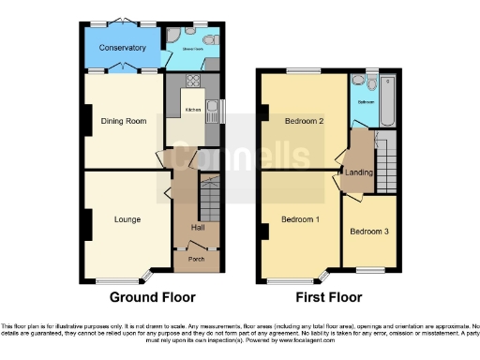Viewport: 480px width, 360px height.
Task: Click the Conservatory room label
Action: pyautogui.click(x=124, y=47)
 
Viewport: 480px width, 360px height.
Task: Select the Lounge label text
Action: pyautogui.click(x=127, y=219)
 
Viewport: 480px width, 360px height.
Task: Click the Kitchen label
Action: pyautogui.click(x=193, y=110)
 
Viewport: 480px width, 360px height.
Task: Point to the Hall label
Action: pyautogui.click(x=198, y=228)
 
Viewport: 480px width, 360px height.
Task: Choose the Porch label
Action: pyautogui.click(x=197, y=259)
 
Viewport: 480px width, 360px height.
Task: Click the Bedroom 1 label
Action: pyautogui.click(x=301, y=219)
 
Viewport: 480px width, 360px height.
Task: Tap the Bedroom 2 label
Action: pyautogui.click(x=306, y=121)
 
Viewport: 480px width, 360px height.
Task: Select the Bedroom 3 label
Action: pyautogui.click(x=368, y=232)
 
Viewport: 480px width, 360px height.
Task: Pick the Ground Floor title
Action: pyautogui.click(x=153, y=297)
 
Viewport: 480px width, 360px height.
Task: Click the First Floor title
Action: pyautogui.click(x=327, y=297)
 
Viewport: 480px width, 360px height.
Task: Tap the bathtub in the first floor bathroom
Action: pyautogui.click(x=388, y=101)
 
